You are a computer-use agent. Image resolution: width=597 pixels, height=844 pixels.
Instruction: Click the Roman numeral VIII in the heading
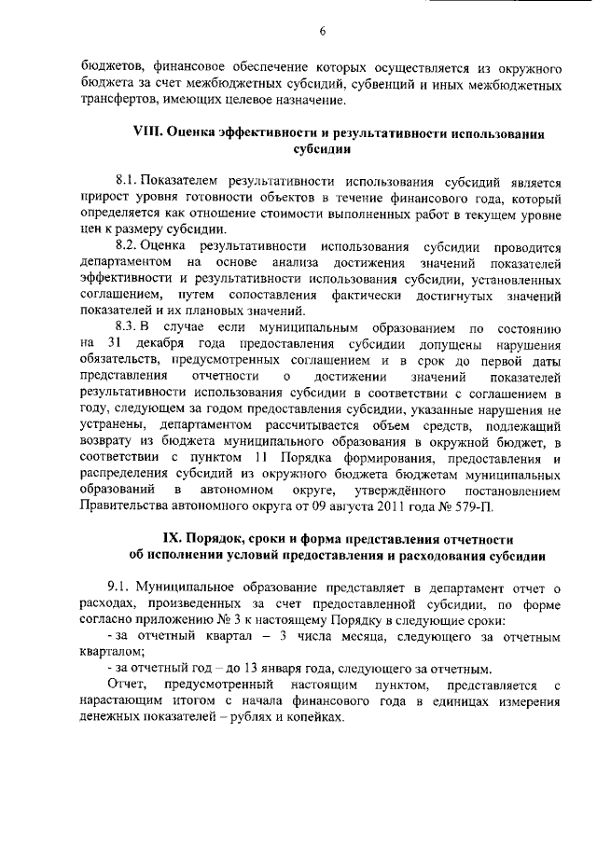point(149,133)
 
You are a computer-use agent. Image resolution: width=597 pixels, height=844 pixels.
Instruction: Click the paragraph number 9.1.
point(120,588)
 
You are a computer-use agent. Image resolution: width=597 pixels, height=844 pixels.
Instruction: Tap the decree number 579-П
point(486,507)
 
